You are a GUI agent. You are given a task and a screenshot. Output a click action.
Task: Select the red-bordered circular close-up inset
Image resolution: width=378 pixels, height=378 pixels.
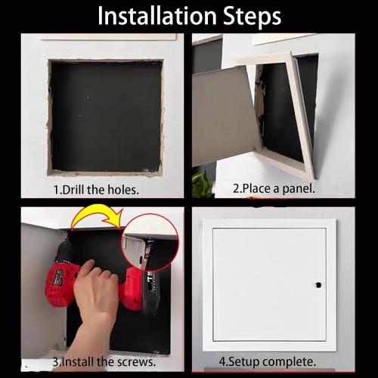(x=150, y=246)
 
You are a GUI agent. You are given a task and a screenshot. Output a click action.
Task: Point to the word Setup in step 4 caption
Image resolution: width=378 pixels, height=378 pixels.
(x=245, y=361)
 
